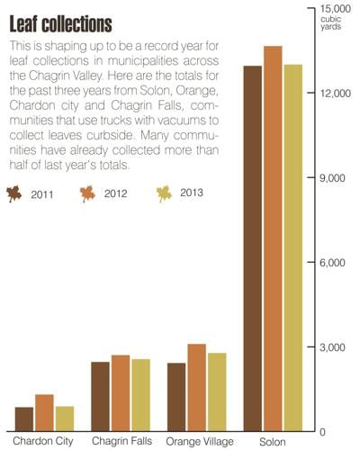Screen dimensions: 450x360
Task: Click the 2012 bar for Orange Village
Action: (x=196, y=387)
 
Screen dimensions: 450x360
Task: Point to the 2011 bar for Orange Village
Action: (x=176, y=397)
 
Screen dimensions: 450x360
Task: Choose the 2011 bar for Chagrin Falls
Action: (x=100, y=396)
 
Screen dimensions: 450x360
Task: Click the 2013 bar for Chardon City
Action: (x=64, y=418)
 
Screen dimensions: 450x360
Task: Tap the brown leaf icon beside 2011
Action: (x=14, y=193)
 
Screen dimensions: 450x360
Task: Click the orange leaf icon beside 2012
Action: (x=88, y=193)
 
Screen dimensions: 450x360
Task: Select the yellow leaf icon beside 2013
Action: (x=164, y=193)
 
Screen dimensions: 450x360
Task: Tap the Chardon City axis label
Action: (x=42, y=441)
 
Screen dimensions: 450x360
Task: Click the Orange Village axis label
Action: (x=199, y=441)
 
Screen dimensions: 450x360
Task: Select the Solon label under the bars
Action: (x=273, y=442)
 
